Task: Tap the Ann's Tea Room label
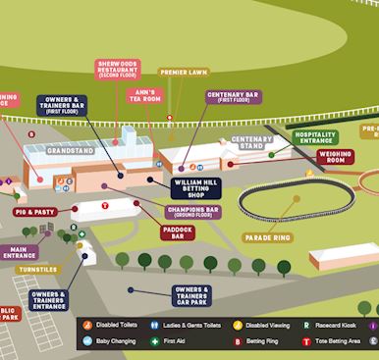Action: point(146,95)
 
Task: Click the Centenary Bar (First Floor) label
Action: point(234,97)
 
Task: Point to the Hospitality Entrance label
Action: point(316,138)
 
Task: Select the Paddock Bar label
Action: point(178,232)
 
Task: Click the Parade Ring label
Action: point(268,237)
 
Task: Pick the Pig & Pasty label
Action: point(34,212)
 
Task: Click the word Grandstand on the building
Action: point(69,152)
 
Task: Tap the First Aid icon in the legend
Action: point(153,341)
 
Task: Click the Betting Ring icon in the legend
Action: point(239,341)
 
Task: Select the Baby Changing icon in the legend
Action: point(87,341)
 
